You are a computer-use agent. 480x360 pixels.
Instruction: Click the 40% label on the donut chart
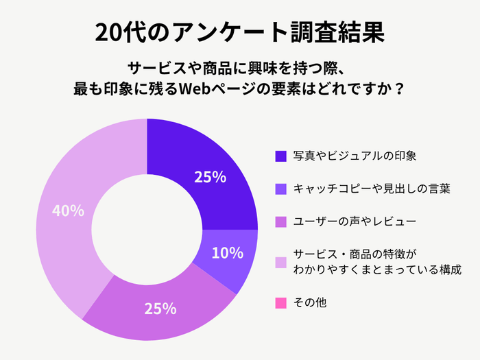coord(68,211)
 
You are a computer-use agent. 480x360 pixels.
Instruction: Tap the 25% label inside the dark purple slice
coord(210,177)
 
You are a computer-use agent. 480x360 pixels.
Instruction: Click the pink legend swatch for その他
coord(280,302)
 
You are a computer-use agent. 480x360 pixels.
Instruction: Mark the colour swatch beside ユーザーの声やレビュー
coord(280,222)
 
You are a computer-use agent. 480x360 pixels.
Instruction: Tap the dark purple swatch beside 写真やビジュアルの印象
coord(280,156)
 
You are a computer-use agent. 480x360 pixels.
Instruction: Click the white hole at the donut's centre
coord(147,230)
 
